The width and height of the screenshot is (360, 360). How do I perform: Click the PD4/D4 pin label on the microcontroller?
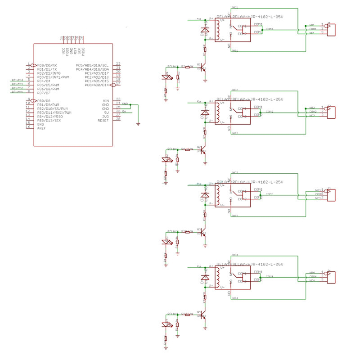coord(44,81)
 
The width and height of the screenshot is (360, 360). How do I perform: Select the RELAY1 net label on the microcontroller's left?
coord(17,92)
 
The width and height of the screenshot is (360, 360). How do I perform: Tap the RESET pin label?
coord(103,120)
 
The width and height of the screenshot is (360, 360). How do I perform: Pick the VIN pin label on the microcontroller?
coord(106,100)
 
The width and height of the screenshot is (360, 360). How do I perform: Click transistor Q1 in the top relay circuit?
coord(204,67)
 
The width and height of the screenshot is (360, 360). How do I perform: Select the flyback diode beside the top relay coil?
coord(205,30)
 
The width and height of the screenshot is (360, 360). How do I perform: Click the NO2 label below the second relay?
coord(235,134)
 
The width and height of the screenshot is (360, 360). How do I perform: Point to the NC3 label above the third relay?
coord(235,173)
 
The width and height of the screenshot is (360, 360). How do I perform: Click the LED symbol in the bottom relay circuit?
coord(166,323)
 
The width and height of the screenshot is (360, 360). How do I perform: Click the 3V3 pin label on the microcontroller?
coord(105,116)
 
